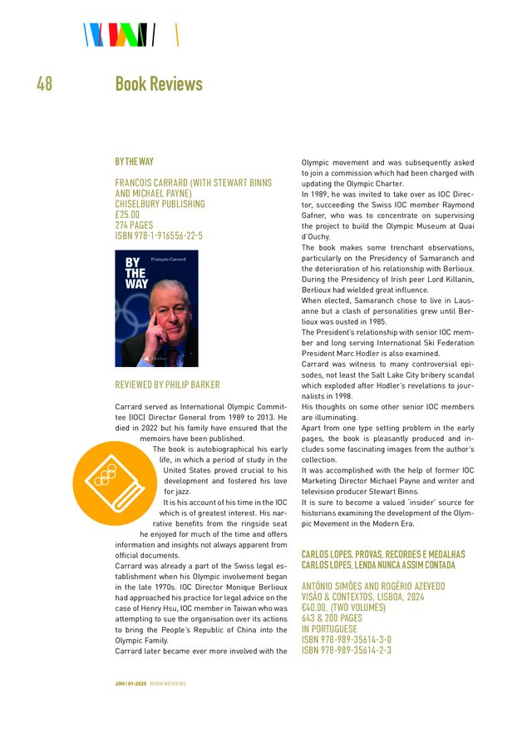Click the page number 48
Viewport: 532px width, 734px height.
[44, 84]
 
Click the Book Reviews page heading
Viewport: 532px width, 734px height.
[158, 84]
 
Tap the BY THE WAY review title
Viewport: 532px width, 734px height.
[134, 161]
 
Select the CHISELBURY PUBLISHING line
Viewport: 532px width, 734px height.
[160, 204]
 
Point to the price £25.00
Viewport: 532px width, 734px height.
[127, 215]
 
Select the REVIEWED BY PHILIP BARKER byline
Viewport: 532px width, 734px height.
[167, 385]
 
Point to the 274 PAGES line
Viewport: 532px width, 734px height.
[135, 225]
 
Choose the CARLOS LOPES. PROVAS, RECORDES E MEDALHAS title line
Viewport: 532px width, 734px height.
[382, 554]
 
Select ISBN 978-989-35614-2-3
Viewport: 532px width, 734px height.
[346, 651]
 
